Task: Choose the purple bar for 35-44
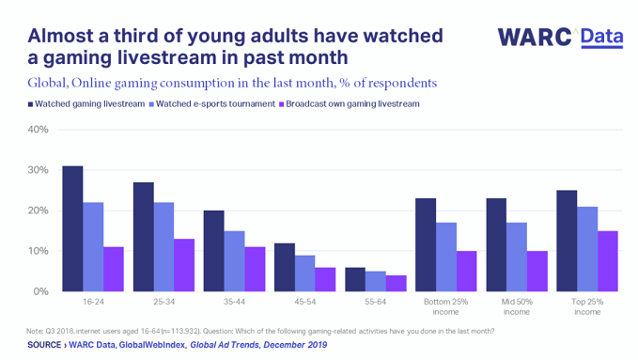point(256,269)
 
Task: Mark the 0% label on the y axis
point(40,291)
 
